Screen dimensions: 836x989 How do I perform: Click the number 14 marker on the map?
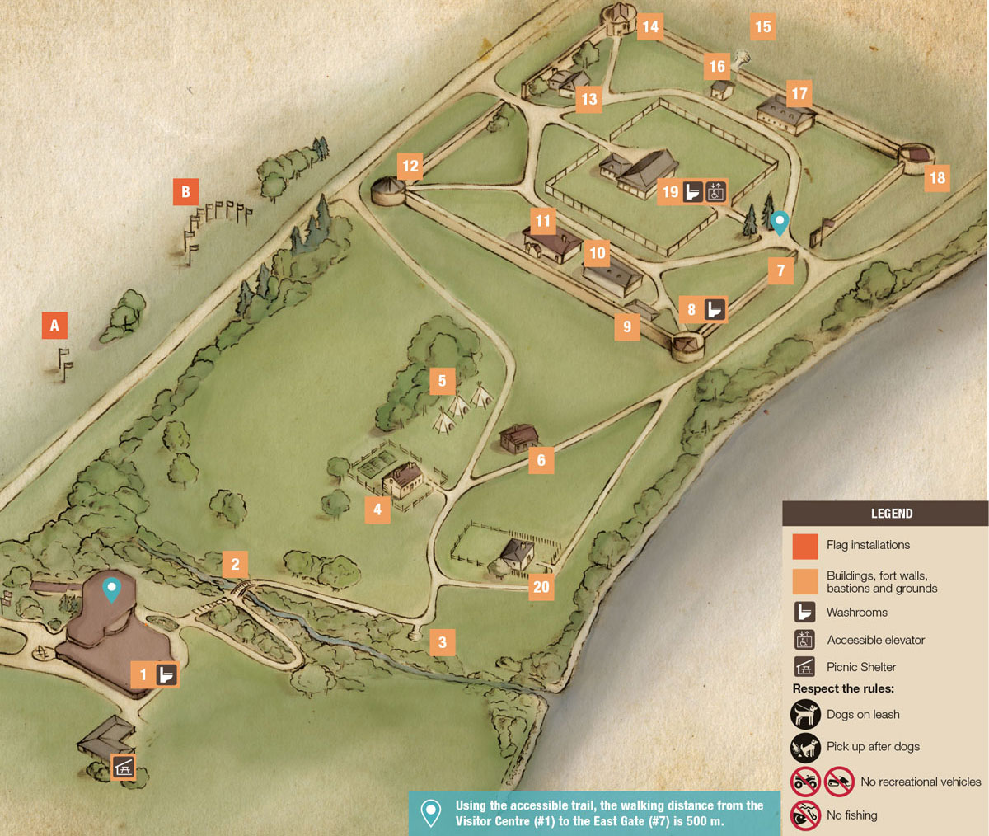click(650, 26)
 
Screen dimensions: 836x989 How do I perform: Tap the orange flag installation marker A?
click(54, 325)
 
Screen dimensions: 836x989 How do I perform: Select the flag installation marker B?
click(185, 192)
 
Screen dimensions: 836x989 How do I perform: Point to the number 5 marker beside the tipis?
click(442, 380)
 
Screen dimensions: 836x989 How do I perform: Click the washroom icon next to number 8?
click(715, 310)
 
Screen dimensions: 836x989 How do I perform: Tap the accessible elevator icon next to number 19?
click(715, 192)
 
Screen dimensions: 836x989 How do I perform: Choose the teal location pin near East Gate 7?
click(779, 221)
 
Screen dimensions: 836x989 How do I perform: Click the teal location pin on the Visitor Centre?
click(111, 589)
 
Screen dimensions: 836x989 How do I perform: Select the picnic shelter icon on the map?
click(123, 767)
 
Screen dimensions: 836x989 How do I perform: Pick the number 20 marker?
click(541, 587)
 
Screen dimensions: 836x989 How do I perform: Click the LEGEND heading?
click(892, 514)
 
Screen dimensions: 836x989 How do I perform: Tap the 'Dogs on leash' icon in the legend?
click(805, 714)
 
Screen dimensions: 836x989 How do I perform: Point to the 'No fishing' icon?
click(805, 815)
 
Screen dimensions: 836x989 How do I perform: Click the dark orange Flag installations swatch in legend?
click(805, 546)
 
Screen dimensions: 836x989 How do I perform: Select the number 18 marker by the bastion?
click(937, 178)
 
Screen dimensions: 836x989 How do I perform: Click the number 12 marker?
click(410, 166)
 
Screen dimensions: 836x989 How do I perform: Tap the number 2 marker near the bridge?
click(235, 564)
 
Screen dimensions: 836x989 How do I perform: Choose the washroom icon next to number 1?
click(166, 675)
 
